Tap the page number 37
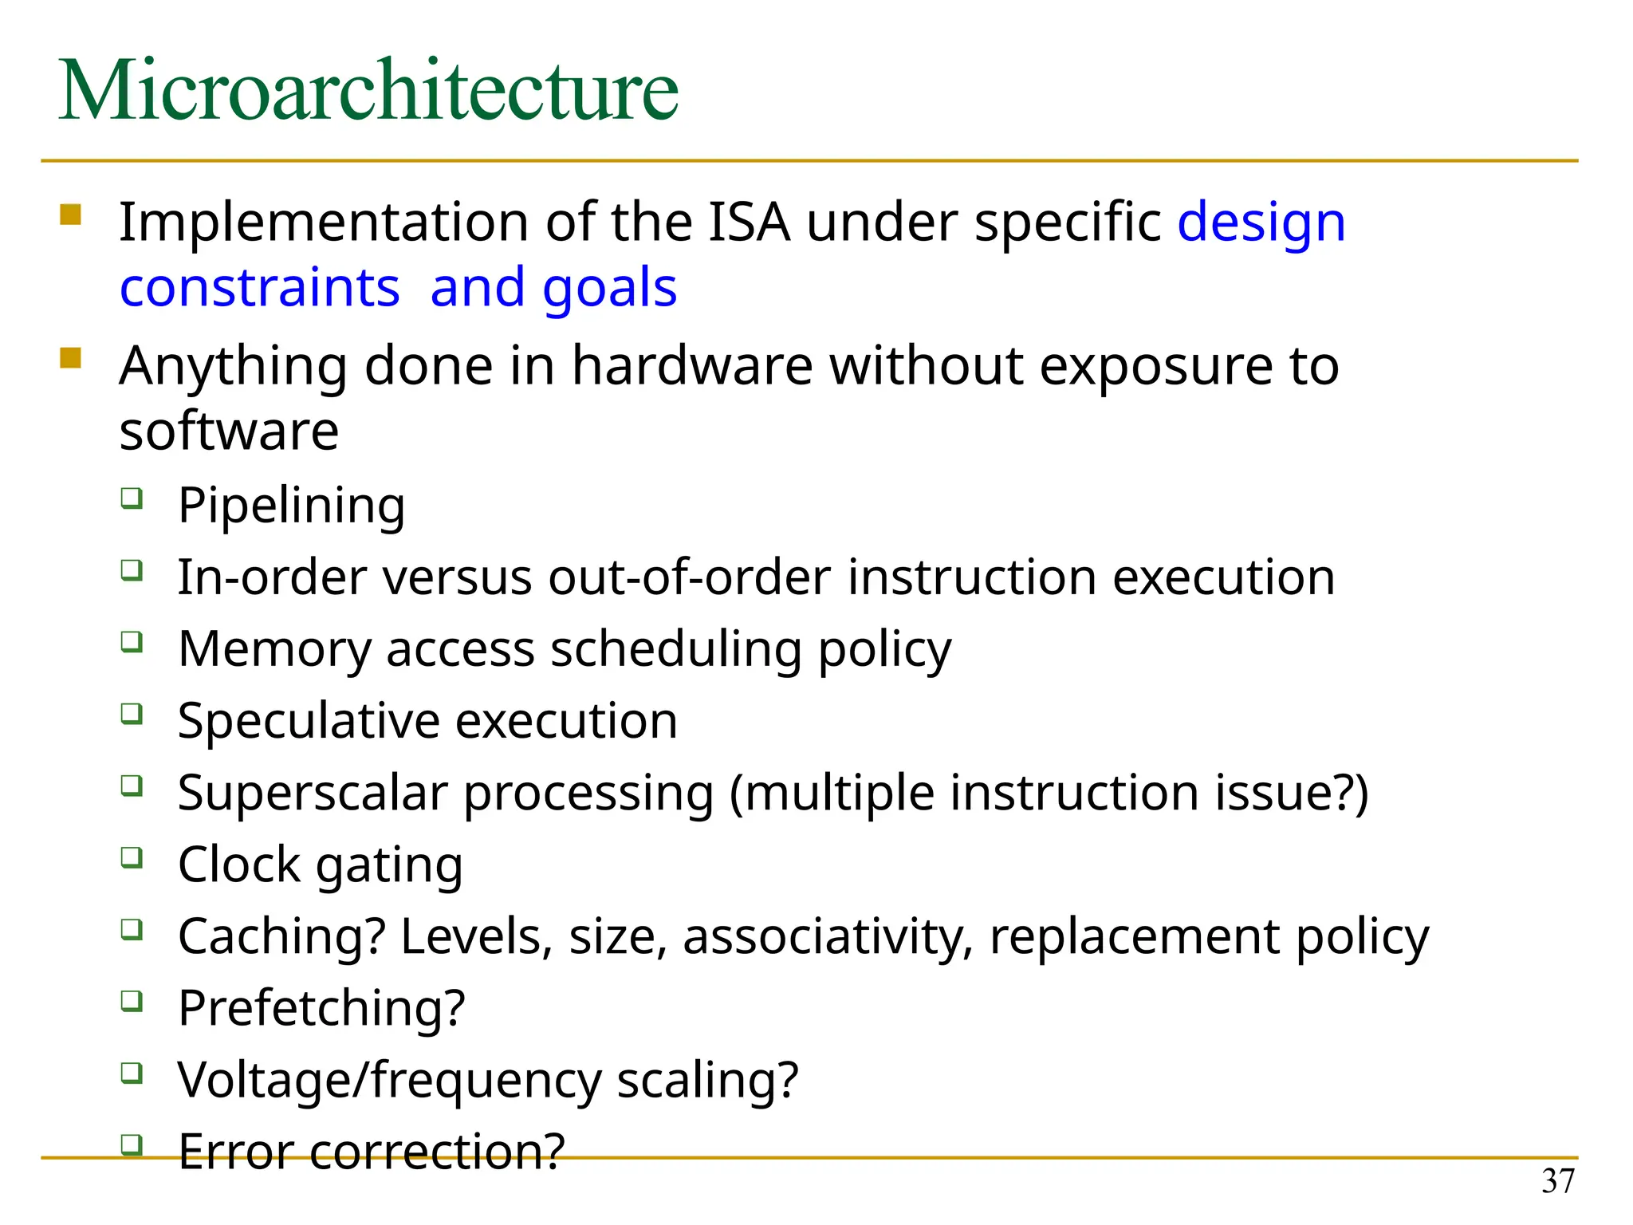click(x=1557, y=1181)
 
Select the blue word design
click(x=1261, y=223)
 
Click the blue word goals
click(x=609, y=289)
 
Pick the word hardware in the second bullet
click(x=691, y=366)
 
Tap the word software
click(x=229, y=431)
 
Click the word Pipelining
click(x=291, y=506)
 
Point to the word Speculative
click(x=308, y=722)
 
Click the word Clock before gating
click(x=238, y=865)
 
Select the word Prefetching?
click(x=321, y=1008)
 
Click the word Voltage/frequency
click(x=389, y=1081)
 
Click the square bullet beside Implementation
click(x=70, y=215)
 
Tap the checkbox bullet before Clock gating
click(x=132, y=857)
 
